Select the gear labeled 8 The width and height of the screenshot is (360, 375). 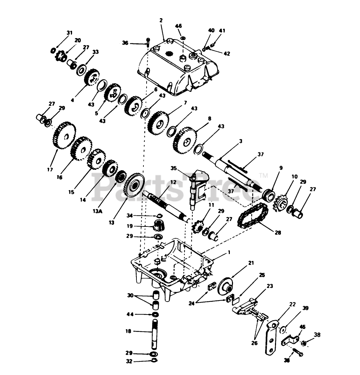pos(184,142)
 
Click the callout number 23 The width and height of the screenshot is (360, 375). pos(269,286)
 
